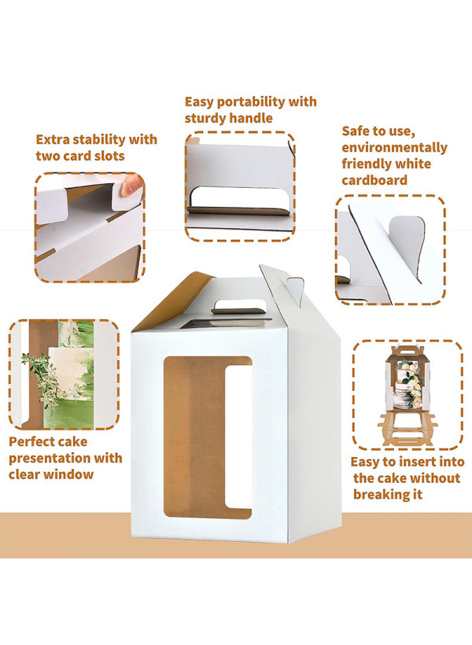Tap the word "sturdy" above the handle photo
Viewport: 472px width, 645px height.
coord(205,119)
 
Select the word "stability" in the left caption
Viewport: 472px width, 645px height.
coord(97,140)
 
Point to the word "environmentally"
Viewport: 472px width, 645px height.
coord(394,148)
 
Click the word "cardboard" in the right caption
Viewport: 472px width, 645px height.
coord(374,181)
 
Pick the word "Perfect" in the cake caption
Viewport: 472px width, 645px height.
coord(32,442)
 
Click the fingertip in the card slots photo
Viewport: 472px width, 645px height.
coord(131,186)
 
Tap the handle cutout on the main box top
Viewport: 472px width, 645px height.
coord(238,307)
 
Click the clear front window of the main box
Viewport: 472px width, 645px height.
coord(208,437)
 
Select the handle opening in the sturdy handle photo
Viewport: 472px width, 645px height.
coord(240,200)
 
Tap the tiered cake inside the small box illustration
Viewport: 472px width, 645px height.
coord(408,385)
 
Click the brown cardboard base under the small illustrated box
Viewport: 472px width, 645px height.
coord(407,429)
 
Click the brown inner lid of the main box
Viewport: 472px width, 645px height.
coord(173,301)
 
